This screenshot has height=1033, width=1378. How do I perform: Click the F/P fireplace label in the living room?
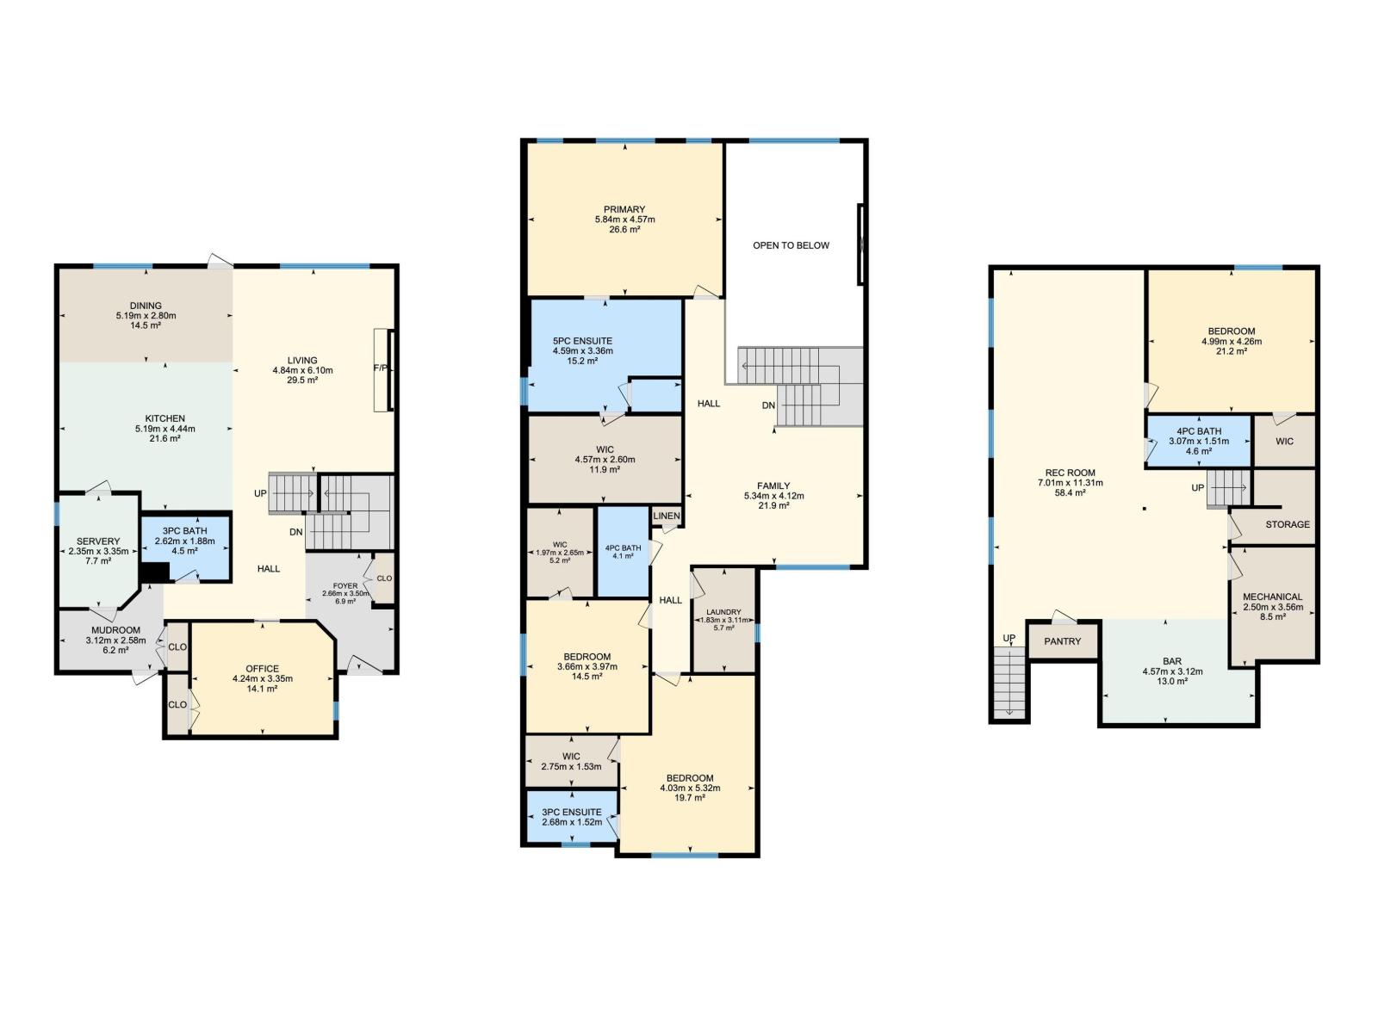tap(379, 368)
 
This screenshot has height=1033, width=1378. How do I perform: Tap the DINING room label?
tap(146, 306)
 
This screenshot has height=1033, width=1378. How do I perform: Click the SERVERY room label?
tap(98, 541)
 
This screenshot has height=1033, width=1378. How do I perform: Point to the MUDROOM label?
tap(115, 630)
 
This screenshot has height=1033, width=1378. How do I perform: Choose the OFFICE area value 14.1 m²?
tap(262, 689)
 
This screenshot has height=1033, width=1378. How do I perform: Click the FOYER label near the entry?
tap(344, 585)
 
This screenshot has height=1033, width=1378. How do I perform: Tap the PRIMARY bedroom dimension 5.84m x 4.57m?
tap(624, 220)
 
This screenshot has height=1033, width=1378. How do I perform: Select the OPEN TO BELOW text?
tap(791, 245)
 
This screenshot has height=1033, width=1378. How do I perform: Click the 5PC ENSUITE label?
tap(582, 341)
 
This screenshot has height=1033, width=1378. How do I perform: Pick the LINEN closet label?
tap(667, 516)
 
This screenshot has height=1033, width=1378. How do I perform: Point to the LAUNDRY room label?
tap(723, 612)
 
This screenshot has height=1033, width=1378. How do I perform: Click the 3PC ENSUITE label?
tap(572, 812)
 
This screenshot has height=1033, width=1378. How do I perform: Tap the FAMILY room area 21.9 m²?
tap(773, 505)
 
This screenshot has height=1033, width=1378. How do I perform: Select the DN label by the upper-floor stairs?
tap(768, 405)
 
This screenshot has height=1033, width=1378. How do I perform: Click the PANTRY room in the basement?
tap(1062, 641)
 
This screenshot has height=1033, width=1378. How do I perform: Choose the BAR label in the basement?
tap(1171, 661)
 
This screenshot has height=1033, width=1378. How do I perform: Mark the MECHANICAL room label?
tap(1272, 597)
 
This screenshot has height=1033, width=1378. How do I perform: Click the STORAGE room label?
tap(1287, 524)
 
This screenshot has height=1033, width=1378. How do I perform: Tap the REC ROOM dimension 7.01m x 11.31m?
tap(1070, 483)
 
